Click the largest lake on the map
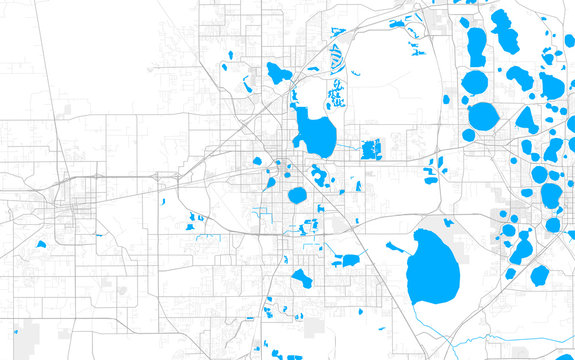tap(433, 269)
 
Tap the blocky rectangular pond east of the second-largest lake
tap(371, 150)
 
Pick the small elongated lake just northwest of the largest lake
tap(396, 246)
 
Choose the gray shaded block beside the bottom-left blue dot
tap(24, 340)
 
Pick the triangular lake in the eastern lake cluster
tap(526, 120)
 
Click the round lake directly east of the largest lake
tap(540, 275)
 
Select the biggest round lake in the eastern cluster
tap(482, 116)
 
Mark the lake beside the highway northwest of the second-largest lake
tap(278, 73)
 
